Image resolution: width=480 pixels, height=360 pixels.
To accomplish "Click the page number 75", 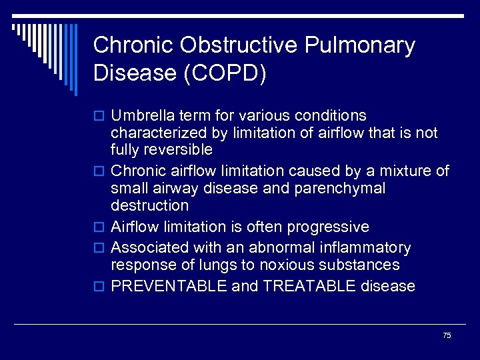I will (x=447, y=335).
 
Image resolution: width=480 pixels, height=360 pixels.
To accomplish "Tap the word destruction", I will (x=149, y=205).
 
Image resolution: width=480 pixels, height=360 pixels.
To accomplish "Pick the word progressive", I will (x=328, y=227).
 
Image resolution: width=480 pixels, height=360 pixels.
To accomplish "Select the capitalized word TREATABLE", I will (x=311, y=287).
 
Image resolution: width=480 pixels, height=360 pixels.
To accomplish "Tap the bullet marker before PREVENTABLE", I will (x=99, y=287).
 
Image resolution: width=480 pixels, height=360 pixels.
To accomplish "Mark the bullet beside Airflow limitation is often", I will (x=99, y=228).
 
